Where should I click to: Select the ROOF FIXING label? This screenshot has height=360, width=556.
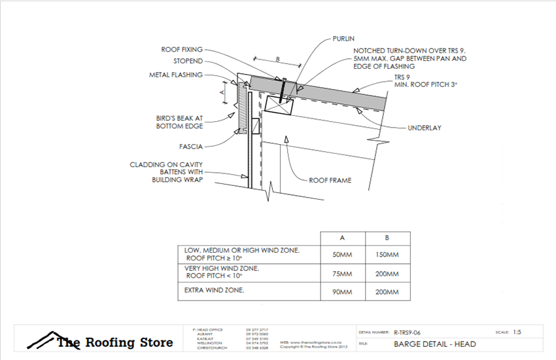tap(182, 49)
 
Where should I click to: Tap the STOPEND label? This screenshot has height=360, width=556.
tap(188, 62)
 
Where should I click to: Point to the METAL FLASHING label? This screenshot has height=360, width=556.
tap(176, 75)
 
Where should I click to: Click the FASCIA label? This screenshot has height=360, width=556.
tap(190, 147)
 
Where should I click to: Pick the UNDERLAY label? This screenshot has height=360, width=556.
tap(424, 128)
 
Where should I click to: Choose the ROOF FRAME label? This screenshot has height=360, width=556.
tap(330, 180)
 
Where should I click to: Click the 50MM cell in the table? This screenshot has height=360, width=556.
tap(342, 255)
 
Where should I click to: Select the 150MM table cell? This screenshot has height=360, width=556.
tap(389, 255)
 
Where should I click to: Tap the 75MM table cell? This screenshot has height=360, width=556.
tap(342, 273)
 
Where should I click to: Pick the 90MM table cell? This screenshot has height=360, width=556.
tap(342, 292)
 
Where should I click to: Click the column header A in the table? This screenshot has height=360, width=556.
tap(342, 238)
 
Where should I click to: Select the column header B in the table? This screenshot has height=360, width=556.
tap(389, 238)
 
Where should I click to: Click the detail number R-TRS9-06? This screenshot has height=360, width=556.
tap(412, 333)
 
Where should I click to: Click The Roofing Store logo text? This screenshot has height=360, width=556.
tap(114, 342)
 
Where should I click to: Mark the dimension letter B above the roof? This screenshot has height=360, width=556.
tap(277, 60)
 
